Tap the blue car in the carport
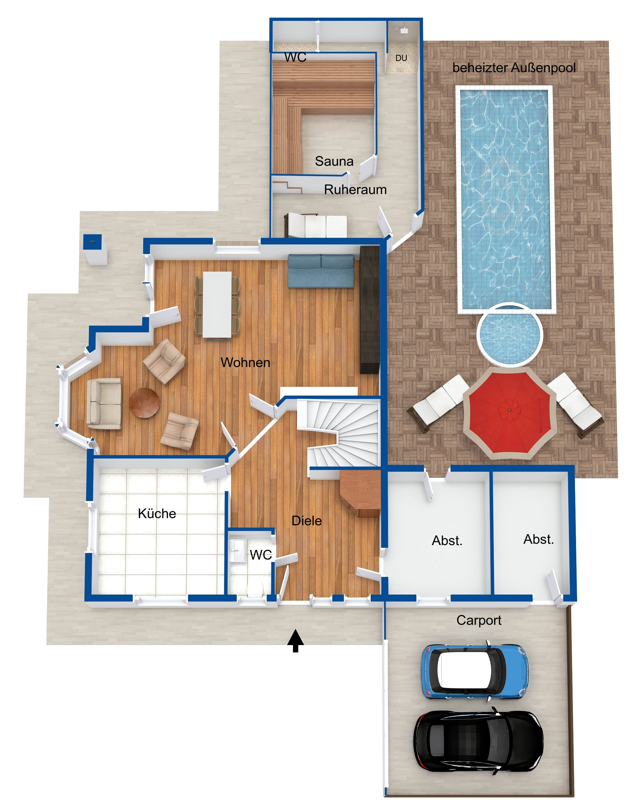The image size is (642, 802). [475, 671]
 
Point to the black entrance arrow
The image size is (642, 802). [295, 641]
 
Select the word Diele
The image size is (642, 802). [307, 521]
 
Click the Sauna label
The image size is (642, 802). [334, 161]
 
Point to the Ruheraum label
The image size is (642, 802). [355, 190]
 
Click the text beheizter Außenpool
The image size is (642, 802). [514, 68]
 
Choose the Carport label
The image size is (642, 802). [479, 620]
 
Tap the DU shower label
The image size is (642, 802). [401, 58]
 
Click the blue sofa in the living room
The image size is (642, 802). [321, 271]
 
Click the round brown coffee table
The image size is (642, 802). [144, 403]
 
